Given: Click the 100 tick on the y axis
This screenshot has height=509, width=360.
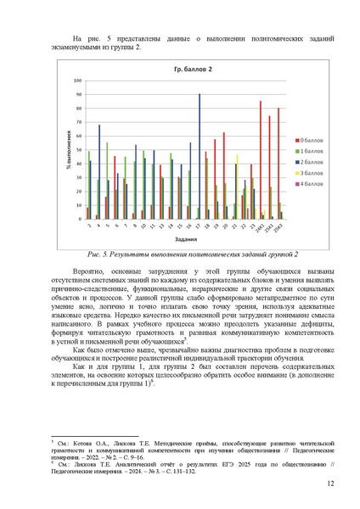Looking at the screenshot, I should point(79,81).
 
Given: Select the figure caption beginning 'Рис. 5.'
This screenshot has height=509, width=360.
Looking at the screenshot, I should point(180,254).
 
